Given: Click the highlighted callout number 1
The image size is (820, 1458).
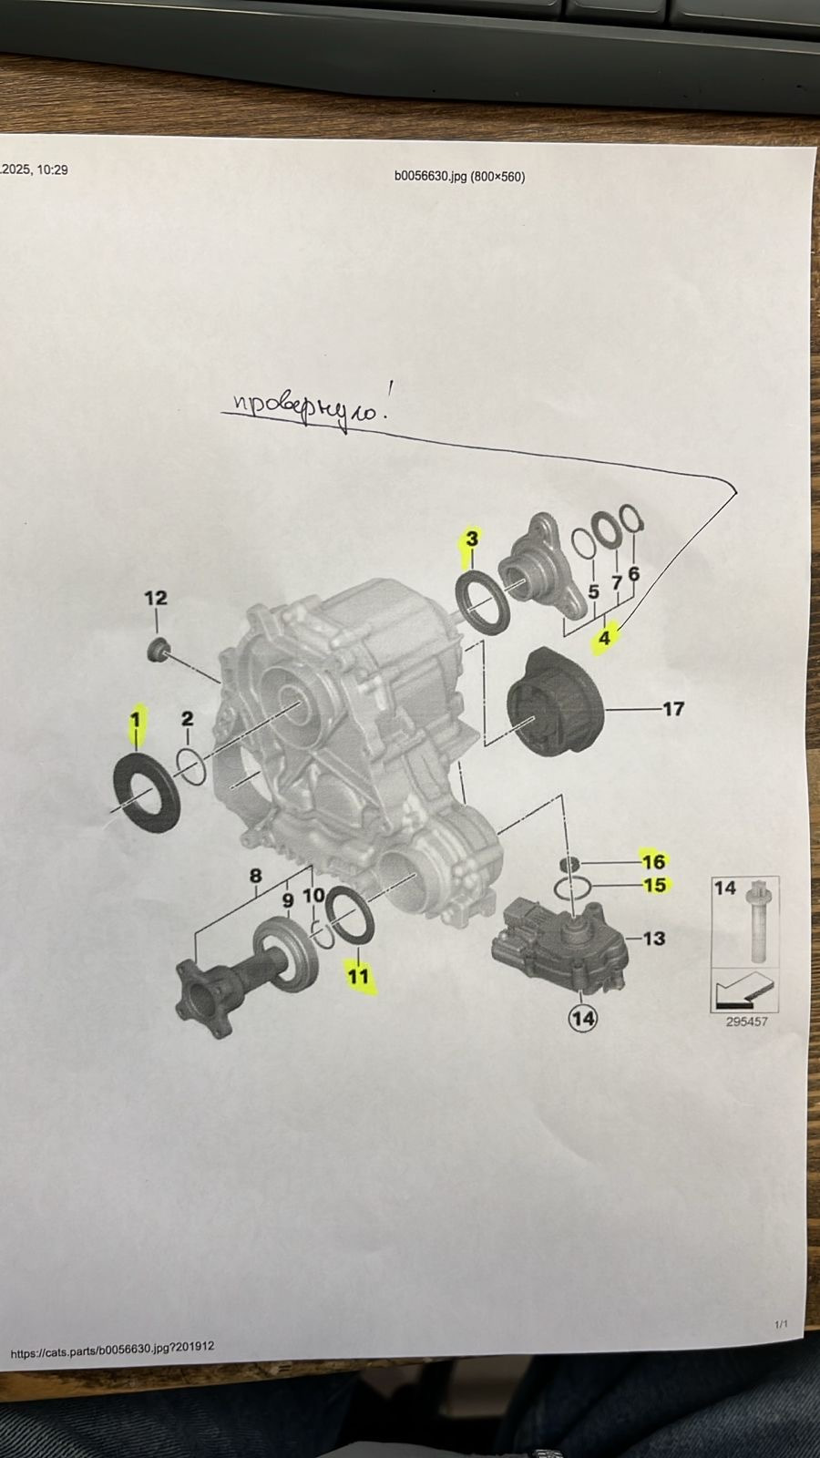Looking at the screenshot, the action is coord(136,720).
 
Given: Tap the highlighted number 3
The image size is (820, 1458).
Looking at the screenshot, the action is coord(472,539).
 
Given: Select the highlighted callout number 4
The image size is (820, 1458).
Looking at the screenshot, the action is coord(605,638).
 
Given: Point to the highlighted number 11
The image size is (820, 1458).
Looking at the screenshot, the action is coord(358,976).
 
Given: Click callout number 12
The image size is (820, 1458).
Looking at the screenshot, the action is coord(156,598).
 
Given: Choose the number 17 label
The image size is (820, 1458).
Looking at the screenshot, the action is coord(673,708).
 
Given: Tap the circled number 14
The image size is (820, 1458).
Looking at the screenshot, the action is coord(582,1018).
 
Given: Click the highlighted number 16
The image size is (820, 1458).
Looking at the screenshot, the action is coord(654,862).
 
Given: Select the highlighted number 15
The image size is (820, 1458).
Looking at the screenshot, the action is coord(655,885).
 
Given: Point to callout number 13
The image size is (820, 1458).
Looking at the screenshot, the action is coord(654,938).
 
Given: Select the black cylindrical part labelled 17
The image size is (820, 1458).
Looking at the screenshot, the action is coord(555,703).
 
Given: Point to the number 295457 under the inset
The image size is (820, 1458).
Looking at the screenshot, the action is coord(746,1022).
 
